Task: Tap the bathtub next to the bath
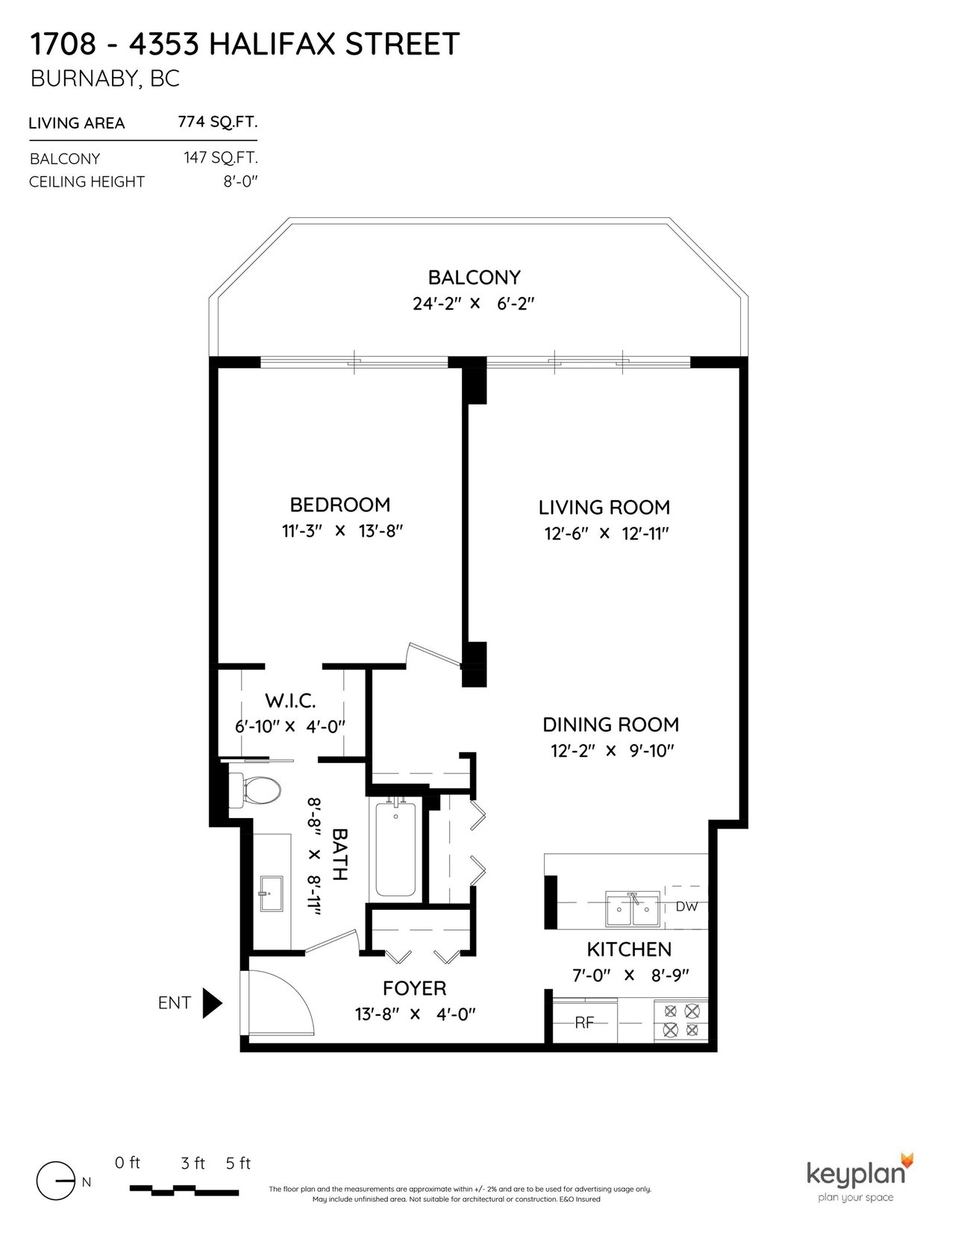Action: (x=395, y=850)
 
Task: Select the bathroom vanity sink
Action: (x=271, y=893)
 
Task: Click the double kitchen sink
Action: (x=632, y=910)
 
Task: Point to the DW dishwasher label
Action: (x=686, y=907)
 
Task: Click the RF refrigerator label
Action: (x=583, y=1023)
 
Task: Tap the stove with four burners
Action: (x=681, y=1021)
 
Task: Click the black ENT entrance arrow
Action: (x=213, y=1003)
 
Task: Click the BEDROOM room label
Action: (x=340, y=505)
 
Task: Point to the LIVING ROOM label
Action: (x=604, y=508)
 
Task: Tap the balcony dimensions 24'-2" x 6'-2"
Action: (x=474, y=303)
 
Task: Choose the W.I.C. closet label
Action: (x=290, y=701)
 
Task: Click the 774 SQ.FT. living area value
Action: (x=218, y=122)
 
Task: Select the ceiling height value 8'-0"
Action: (x=240, y=181)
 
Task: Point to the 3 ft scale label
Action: (x=192, y=1164)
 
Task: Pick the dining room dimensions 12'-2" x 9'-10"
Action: (x=613, y=751)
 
